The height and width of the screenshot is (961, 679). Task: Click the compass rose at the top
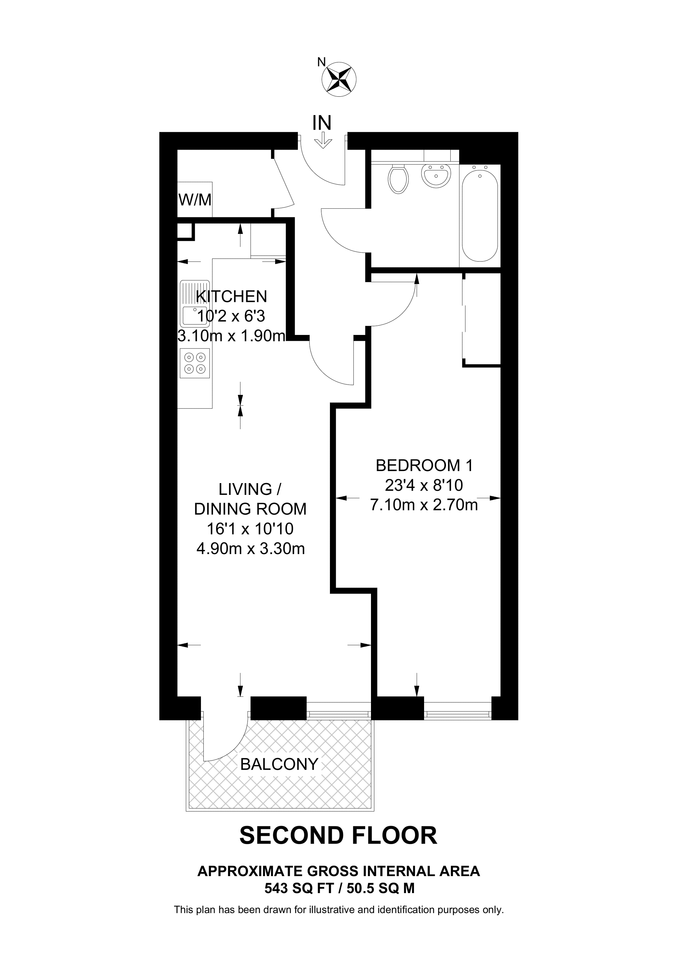339,79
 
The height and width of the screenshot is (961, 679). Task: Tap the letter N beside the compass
321,62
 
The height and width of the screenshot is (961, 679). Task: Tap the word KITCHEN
231,296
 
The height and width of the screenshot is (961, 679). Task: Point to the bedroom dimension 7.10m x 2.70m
424,505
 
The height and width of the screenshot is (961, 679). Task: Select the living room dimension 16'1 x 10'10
250,529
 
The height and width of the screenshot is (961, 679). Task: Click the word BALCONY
279,764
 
